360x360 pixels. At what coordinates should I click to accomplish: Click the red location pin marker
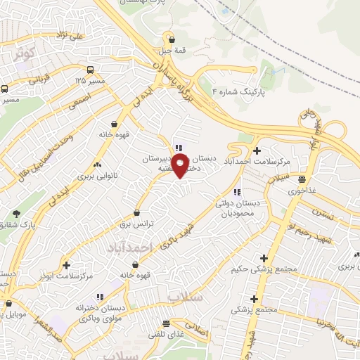click(181, 166)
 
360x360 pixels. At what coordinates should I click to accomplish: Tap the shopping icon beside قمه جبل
click(172, 40)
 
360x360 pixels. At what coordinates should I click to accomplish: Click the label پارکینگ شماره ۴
click(243, 91)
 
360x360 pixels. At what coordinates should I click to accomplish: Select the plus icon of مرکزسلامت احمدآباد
click(257, 150)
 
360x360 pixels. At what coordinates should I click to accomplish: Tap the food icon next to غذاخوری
click(302, 179)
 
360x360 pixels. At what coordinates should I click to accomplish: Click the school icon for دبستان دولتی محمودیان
click(237, 191)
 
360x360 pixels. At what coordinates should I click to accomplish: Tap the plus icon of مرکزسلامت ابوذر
click(66, 265)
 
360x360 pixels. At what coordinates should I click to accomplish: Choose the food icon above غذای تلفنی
click(166, 324)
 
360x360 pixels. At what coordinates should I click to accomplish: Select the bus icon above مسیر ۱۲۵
click(91, 70)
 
